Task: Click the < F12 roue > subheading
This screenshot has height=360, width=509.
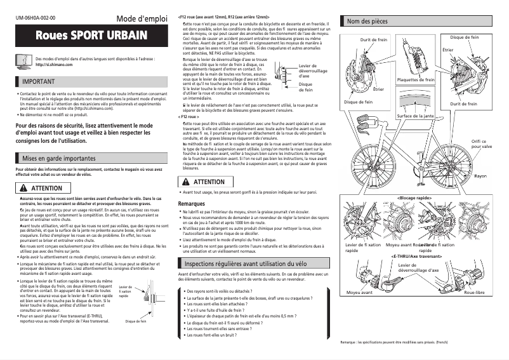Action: [188, 117]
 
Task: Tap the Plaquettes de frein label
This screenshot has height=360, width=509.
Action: [416, 80]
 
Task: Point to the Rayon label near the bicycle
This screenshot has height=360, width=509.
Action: [480, 175]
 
